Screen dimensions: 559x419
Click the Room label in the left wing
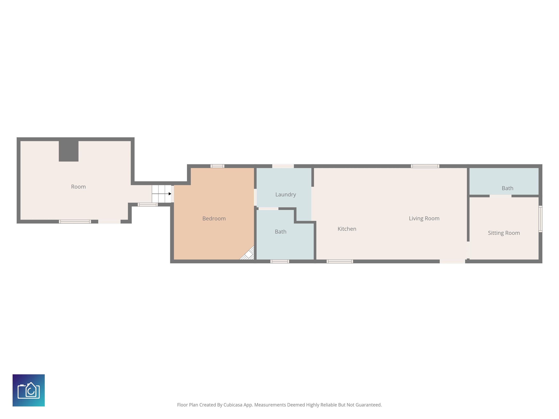[78, 187]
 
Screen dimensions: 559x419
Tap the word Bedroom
[214, 218]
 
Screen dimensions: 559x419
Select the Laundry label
[286, 194]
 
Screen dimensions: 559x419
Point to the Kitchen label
[347, 229]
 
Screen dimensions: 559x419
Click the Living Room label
[424, 218]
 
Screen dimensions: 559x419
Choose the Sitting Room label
[504, 233]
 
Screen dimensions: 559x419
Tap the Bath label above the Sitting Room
[508, 188]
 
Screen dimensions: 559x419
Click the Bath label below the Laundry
[281, 232]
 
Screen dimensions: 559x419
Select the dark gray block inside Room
[68, 151]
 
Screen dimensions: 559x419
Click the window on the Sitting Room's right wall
[540, 219]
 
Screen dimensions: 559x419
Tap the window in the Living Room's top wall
[425, 166]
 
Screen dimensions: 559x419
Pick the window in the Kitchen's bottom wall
[340, 261]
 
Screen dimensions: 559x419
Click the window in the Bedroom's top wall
[217, 166]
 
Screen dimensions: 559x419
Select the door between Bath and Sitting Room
[500, 196]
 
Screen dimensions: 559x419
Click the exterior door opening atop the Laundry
[283, 166]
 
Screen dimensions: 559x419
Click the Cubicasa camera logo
[29, 390]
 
